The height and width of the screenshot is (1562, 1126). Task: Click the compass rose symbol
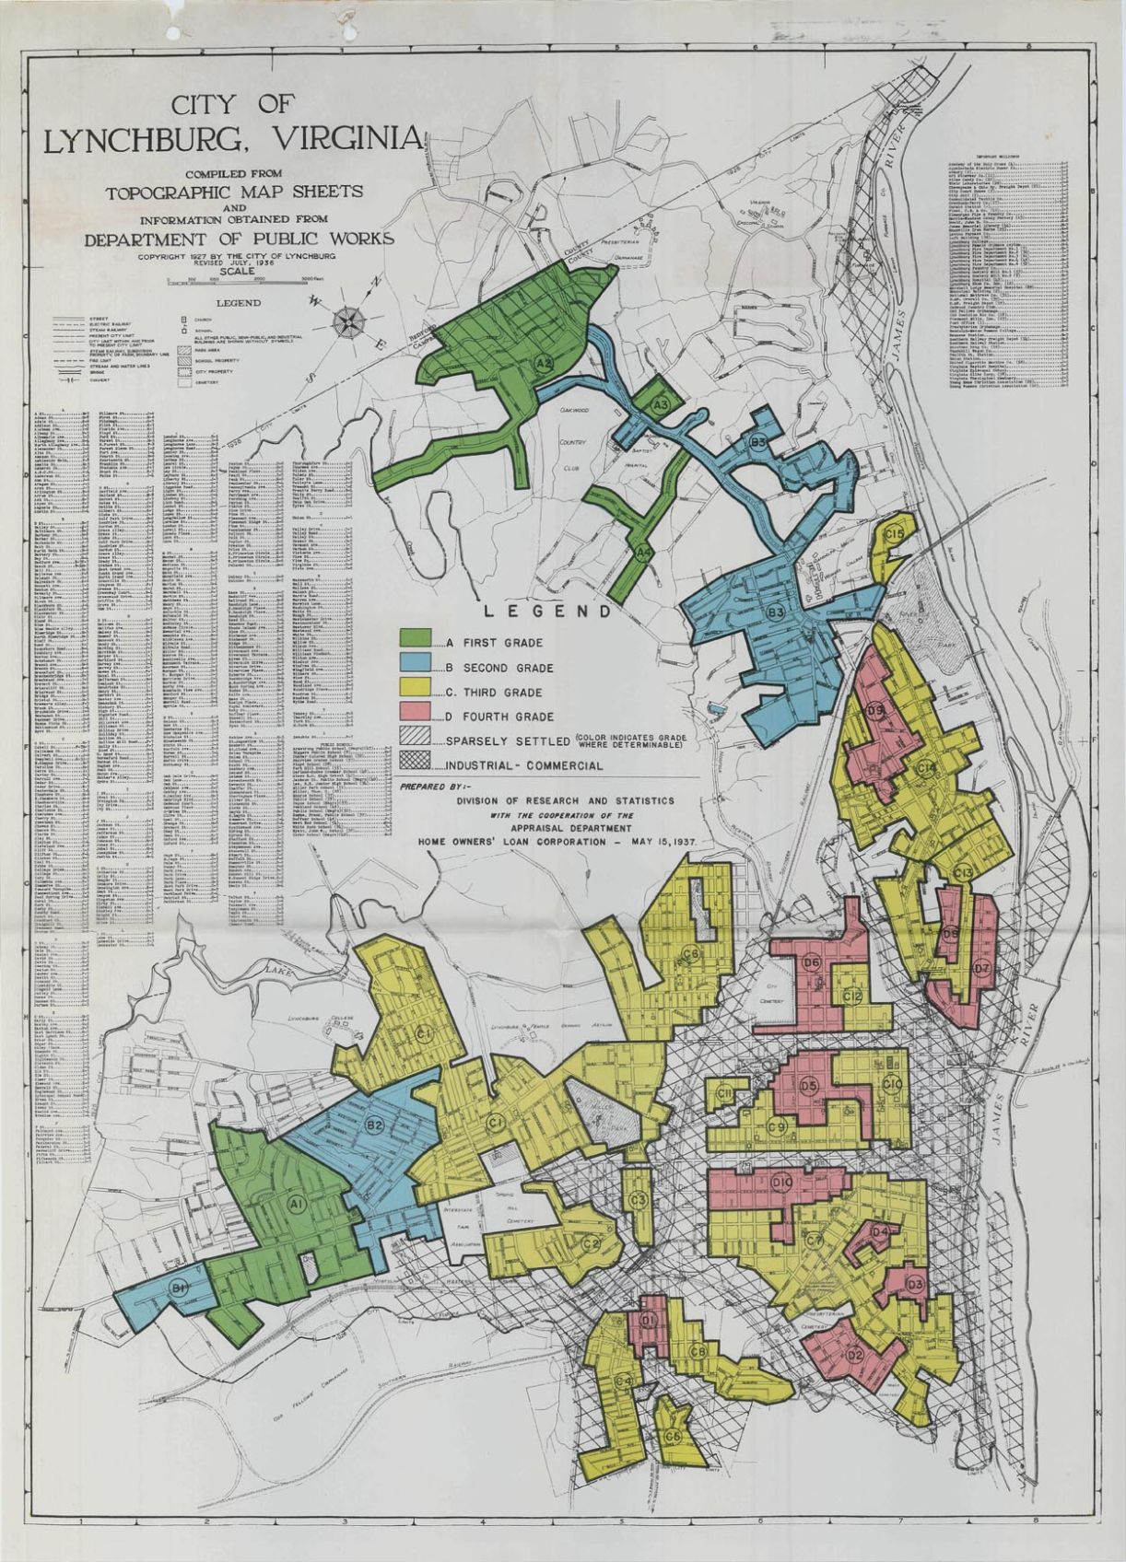[350, 321]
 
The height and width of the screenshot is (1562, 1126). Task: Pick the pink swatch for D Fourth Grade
[416, 716]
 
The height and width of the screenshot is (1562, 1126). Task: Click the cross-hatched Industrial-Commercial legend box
[416, 765]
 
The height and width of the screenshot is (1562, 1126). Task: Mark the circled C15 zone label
[893, 534]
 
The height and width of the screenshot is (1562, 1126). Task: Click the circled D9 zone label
[875, 710]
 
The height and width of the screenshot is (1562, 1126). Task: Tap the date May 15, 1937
[654, 842]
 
